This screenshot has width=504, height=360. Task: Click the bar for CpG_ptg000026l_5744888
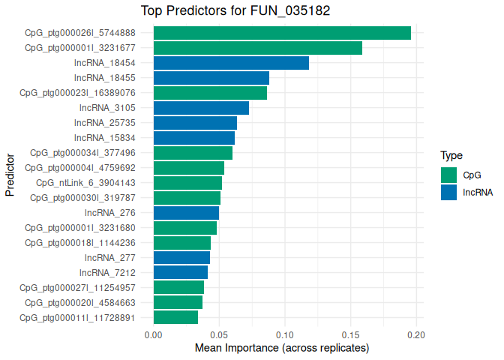(282, 33)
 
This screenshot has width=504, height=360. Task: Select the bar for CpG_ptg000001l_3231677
(258, 48)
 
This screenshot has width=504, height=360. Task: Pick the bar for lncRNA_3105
(201, 108)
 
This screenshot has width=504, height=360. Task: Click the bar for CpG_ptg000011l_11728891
(175, 317)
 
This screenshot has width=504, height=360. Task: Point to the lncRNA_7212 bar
(181, 272)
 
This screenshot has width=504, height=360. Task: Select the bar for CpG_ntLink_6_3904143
(187, 183)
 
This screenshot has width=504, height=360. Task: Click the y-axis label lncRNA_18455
(104, 78)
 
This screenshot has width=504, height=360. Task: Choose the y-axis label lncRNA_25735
(104, 123)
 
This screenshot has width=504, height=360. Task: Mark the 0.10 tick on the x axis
(285, 335)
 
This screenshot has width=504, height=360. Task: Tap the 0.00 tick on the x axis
(153, 335)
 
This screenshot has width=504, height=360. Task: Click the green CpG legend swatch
(449, 175)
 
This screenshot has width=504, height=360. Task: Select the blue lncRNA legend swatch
(449, 192)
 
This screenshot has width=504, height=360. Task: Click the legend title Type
(451, 156)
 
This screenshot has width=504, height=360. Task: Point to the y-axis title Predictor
(10, 175)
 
